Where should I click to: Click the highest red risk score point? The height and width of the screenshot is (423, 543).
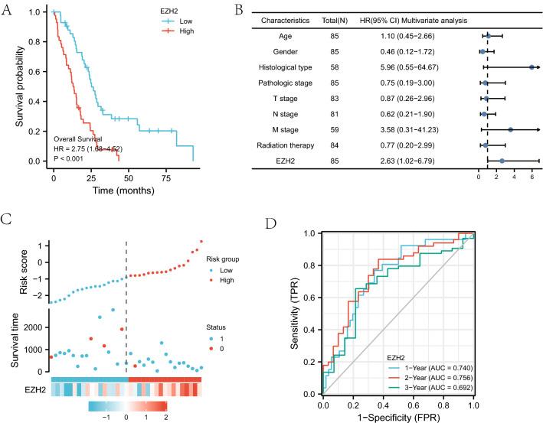tap(201, 242)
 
